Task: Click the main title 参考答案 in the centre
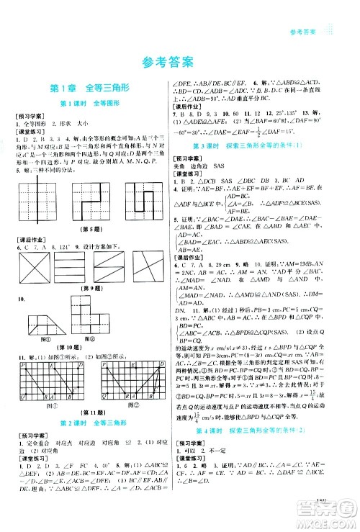tap(180, 62)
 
